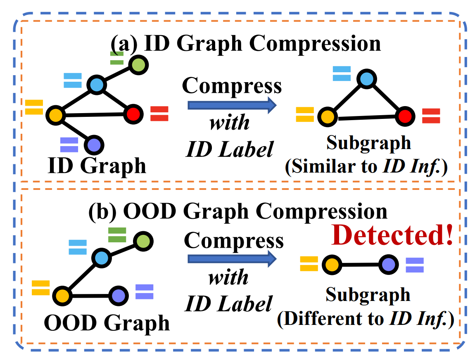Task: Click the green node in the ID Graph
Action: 139,65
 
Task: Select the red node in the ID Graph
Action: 133,114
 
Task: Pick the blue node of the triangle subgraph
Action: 366,79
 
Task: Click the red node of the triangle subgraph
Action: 405,116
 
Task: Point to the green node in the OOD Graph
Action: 143,242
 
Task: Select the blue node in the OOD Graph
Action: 102,258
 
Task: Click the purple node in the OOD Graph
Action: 119,296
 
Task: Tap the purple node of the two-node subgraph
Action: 389,265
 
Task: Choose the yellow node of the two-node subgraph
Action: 332,265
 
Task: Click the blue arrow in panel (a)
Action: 232,105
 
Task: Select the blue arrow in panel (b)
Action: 232,259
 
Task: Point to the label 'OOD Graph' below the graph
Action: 107,323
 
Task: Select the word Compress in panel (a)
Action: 232,86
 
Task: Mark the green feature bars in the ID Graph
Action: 116,58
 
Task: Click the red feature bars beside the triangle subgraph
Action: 431,116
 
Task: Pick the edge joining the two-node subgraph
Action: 360,265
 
